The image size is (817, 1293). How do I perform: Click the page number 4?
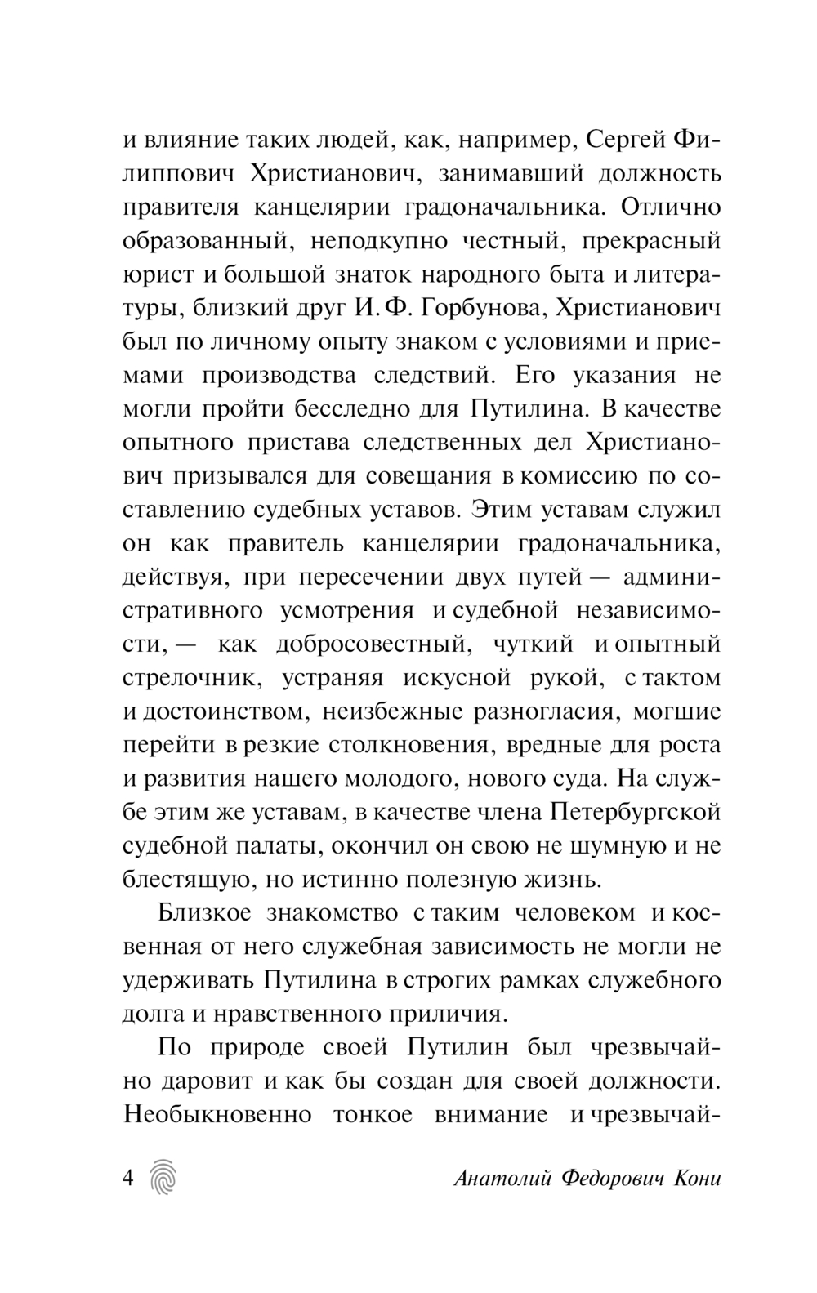(x=128, y=1179)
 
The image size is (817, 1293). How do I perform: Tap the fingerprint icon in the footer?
(x=164, y=1178)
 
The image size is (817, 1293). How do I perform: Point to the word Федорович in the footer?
(x=609, y=1179)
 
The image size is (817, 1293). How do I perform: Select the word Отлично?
(x=671, y=207)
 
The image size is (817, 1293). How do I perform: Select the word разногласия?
(x=543, y=711)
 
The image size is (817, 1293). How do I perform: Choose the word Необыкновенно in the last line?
(x=218, y=1114)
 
